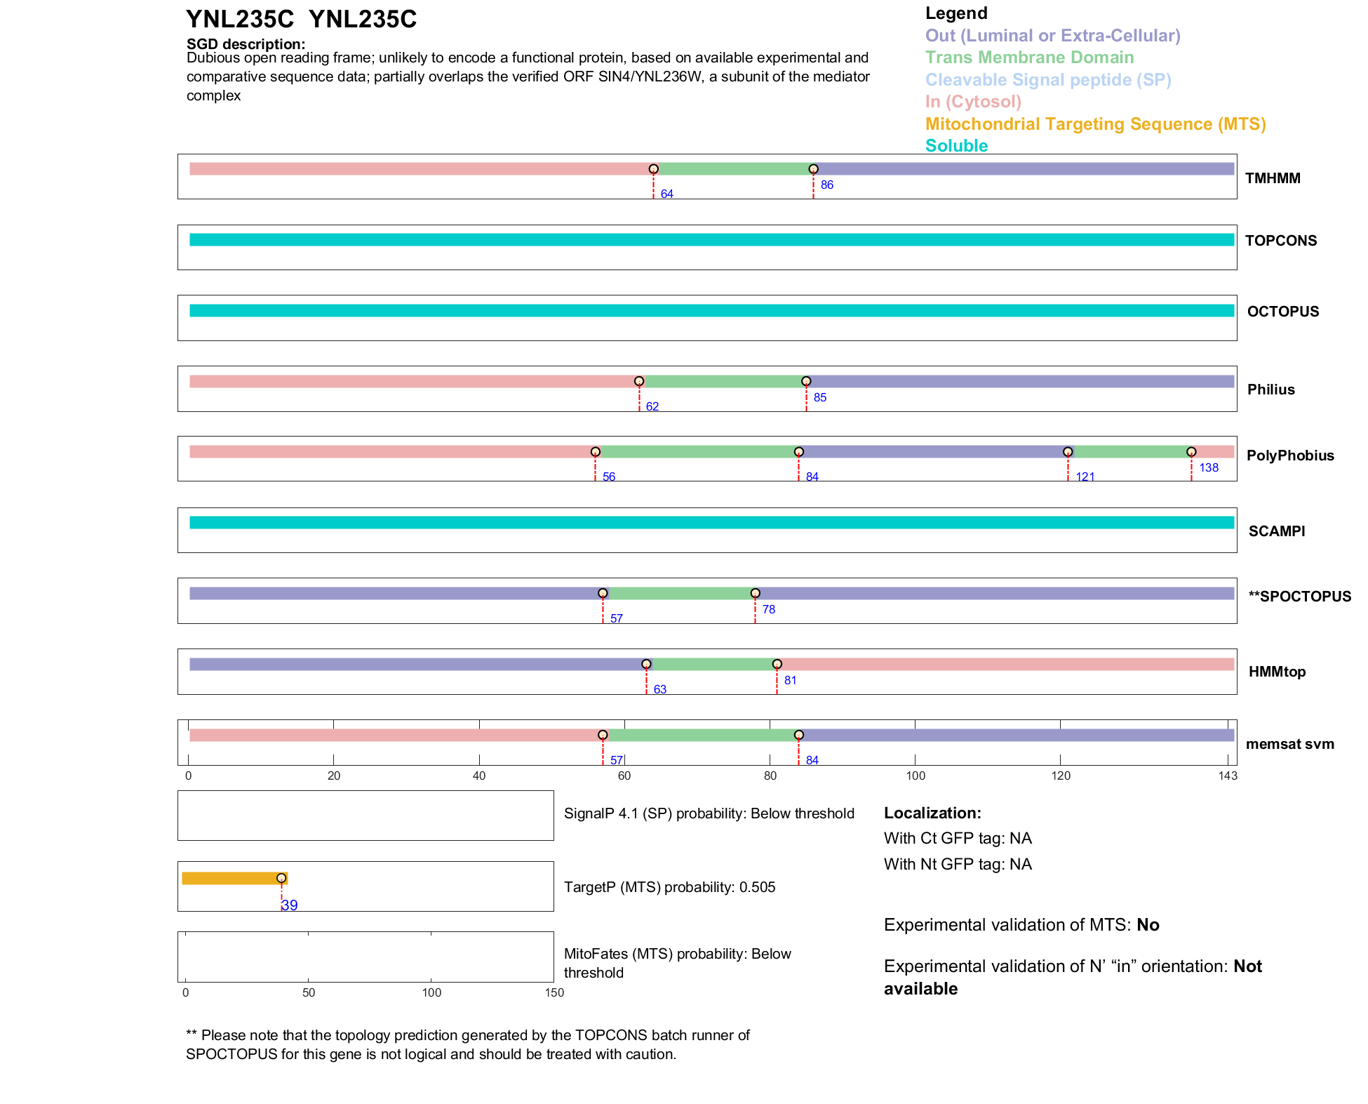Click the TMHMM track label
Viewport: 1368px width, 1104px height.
tap(1272, 178)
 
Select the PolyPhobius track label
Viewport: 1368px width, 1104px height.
tap(1289, 455)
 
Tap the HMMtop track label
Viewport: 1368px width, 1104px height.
tap(1277, 672)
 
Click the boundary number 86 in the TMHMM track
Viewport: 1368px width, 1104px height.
tap(826, 185)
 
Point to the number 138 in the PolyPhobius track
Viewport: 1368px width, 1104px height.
tap(1208, 468)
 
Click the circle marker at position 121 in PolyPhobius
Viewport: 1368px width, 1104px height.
tap(1067, 452)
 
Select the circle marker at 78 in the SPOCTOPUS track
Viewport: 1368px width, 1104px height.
tap(755, 594)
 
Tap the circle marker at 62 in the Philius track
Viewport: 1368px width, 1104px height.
tap(638, 382)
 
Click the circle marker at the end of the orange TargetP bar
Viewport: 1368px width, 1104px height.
tap(281, 878)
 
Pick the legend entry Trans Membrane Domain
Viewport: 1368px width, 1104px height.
tap(1029, 58)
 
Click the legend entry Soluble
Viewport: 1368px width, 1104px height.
tap(956, 146)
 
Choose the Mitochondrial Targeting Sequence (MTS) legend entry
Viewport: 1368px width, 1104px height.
tap(1095, 124)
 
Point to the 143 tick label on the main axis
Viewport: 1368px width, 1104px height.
tap(1228, 776)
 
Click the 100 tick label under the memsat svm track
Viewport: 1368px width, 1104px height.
tap(916, 776)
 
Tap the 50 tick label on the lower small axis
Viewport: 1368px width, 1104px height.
tap(309, 992)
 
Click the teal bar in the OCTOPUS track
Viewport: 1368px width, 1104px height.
tap(711, 311)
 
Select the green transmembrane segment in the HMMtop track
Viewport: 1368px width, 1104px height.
tap(711, 665)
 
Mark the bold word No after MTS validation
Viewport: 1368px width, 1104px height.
tap(1148, 925)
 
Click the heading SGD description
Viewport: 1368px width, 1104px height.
tap(246, 44)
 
